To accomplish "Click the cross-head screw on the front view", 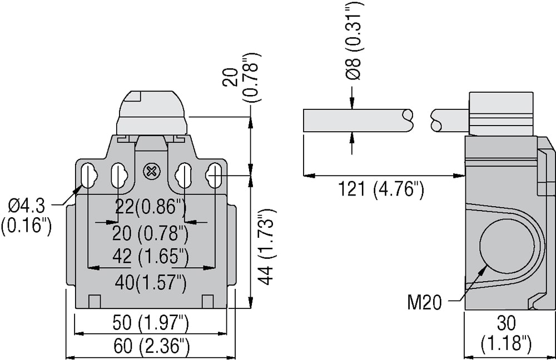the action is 151,172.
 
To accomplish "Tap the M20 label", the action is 424,303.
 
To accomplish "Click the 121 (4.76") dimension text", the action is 381,189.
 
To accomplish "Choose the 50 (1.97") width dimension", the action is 151,323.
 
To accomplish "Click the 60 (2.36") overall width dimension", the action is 151,346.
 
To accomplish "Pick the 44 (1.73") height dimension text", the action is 267,247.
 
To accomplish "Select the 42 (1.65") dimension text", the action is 150,256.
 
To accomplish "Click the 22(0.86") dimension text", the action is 151,207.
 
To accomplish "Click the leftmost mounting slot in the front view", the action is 86,176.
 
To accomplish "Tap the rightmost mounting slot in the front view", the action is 214,176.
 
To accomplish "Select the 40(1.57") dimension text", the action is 151,282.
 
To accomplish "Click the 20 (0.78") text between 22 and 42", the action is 150,233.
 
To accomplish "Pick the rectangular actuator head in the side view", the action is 501,114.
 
